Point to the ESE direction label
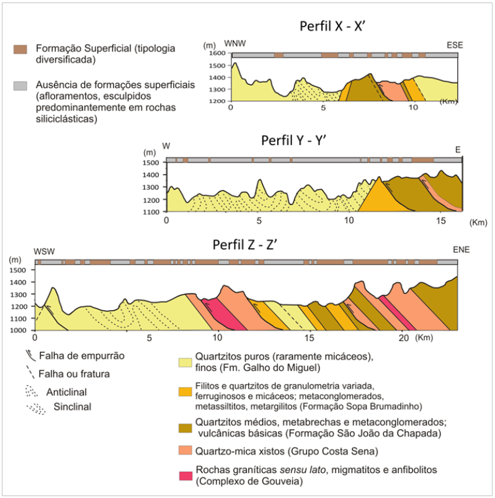[455, 46]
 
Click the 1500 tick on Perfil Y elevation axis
[151, 162]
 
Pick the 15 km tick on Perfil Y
[439, 221]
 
